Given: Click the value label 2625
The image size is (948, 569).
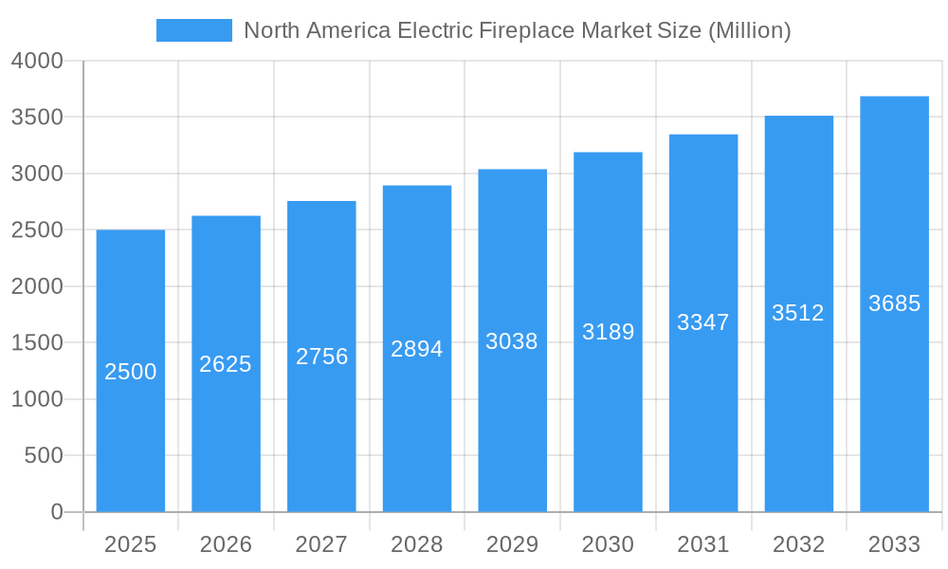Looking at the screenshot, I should point(226,364).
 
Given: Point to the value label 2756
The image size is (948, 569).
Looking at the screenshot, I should point(321,357).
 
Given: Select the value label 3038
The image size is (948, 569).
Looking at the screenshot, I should point(512,341).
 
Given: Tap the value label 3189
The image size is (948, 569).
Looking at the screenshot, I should point(608,332).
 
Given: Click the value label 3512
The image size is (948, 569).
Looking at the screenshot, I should point(798,313).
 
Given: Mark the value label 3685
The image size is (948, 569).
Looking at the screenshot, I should point(894,303).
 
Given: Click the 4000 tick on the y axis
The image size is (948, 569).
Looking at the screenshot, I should point(37,61).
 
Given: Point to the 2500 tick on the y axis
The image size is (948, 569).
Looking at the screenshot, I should point(37,230).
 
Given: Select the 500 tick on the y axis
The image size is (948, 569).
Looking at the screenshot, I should point(43,456).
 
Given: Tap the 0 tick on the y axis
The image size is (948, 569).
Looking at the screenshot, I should point(56,512).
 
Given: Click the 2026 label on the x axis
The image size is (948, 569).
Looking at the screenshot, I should point(226,544).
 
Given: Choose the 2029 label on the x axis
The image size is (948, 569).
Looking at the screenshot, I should point(512,544).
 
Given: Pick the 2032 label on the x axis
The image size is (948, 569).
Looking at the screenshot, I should point(798,544).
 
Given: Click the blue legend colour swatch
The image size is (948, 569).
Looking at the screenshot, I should point(194,30).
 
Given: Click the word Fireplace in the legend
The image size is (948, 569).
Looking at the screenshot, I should point(530,30).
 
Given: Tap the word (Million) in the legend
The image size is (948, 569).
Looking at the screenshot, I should point(749,30).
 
